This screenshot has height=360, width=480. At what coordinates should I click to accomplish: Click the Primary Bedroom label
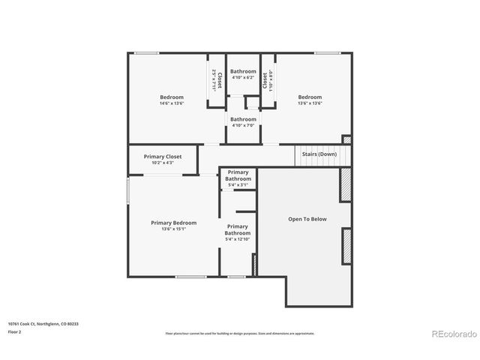tap(173, 223)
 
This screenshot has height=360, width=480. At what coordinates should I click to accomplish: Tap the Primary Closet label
tap(163, 157)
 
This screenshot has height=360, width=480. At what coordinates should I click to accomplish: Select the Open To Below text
tap(307, 219)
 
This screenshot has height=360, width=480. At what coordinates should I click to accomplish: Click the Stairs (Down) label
tap(319, 154)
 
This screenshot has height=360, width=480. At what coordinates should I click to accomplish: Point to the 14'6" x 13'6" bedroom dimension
tap(171, 103)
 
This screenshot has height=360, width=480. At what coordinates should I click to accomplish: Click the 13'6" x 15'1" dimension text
tap(173, 229)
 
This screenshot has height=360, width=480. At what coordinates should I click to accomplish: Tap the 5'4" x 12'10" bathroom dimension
tap(238, 239)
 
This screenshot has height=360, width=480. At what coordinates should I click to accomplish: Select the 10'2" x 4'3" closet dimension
tap(163, 163)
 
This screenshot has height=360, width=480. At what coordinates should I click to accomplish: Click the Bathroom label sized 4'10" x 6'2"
tap(243, 71)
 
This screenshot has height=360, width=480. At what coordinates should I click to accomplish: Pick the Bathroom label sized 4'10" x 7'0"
tap(243, 119)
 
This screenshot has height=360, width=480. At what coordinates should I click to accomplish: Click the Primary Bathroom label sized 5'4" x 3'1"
tap(238, 175)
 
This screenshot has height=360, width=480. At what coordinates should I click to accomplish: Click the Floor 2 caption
tap(14, 331)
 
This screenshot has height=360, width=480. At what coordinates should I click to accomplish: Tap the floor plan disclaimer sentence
tap(239, 333)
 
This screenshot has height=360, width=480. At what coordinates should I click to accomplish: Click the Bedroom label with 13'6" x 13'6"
tap(310, 97)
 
